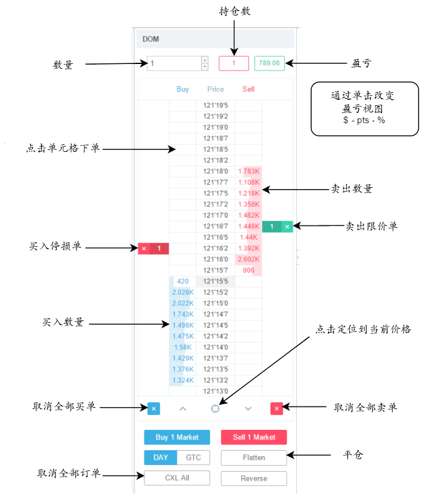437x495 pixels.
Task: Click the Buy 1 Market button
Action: click(x=177, y=437)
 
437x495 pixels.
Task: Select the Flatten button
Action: click(x=254, y=458)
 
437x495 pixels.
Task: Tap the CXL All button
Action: click(x=177, y=478)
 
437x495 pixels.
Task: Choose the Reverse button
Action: click(x=254, y=478)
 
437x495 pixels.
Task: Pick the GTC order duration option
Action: click(x=193, y=457)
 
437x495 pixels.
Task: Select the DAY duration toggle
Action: click(x=161, y=457)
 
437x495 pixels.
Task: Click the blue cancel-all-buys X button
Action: click(x=154, y=408)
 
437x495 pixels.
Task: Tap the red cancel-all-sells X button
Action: click(x=276, y=408)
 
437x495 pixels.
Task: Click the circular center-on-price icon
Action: click(x=215, y=409)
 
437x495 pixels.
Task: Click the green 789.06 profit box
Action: click(x=269, y=63)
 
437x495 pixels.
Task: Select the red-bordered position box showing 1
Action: click(x=233, y=63)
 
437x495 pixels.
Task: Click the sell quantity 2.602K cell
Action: click(x=248, y=259)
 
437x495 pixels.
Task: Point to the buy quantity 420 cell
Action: click(x=183, y=282)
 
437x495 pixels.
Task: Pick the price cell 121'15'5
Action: click(x=216, y=282)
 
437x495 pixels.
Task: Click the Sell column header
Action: click(x=248, y=89)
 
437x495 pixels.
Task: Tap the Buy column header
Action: click(x=183, y=89)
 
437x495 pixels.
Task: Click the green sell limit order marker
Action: click(x=278, y=227)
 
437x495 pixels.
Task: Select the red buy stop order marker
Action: click(x=153, y=249)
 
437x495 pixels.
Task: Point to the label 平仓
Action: click(x=353, y=455)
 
